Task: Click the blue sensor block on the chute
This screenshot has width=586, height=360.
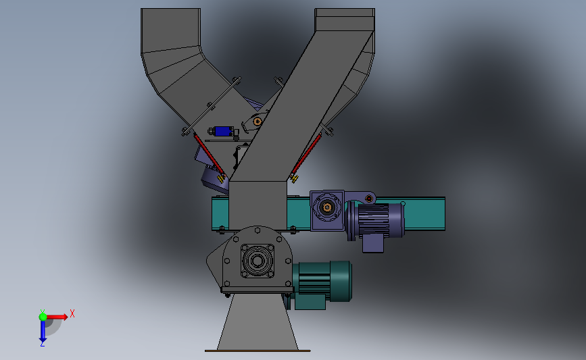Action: [223, 131]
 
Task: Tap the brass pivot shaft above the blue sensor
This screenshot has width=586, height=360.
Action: [258, 122]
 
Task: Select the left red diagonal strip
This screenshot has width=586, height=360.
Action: [209, 155]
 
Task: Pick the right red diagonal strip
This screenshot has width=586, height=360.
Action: [306, 155]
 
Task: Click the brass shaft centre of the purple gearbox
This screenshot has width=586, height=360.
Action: [327, 207]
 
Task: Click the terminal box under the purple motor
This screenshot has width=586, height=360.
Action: [373, 243]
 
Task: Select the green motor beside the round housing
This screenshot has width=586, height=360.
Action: [322, 284]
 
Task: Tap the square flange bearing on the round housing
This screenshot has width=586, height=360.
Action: [258, 261]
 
